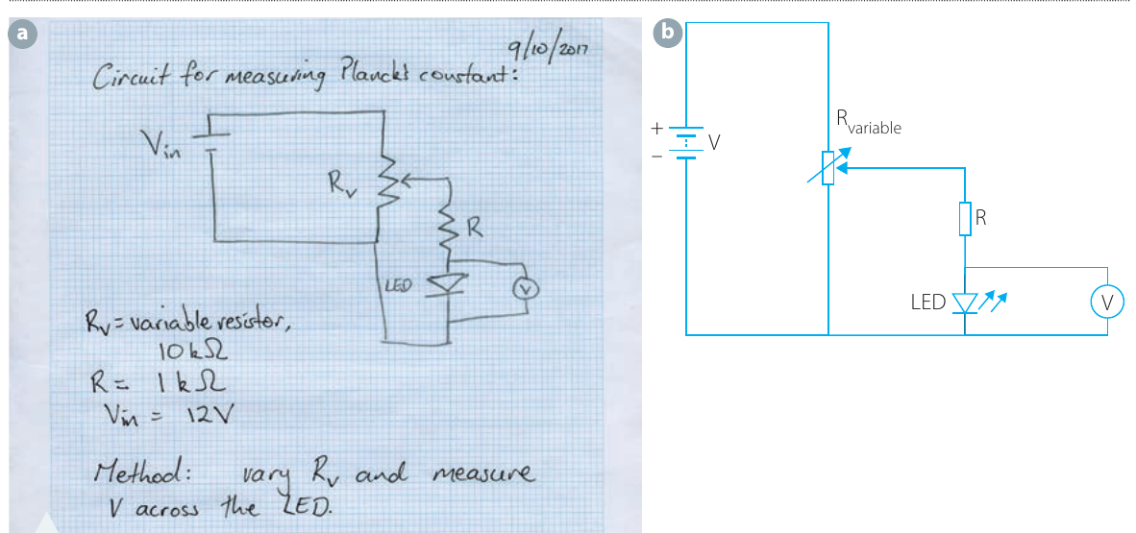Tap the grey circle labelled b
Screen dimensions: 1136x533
pos(667,33)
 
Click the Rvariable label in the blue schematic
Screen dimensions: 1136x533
pos(869,124)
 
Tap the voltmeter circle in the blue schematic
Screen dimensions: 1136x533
pos(1108,302)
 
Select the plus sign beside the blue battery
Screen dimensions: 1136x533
pos(657,130)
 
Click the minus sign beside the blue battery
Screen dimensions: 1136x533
pos(657,156)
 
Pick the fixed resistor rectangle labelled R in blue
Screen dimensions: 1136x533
pos(964,219)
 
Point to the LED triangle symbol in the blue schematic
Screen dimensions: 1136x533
pos(965,302)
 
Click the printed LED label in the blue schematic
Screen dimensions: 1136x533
pos(928,303)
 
